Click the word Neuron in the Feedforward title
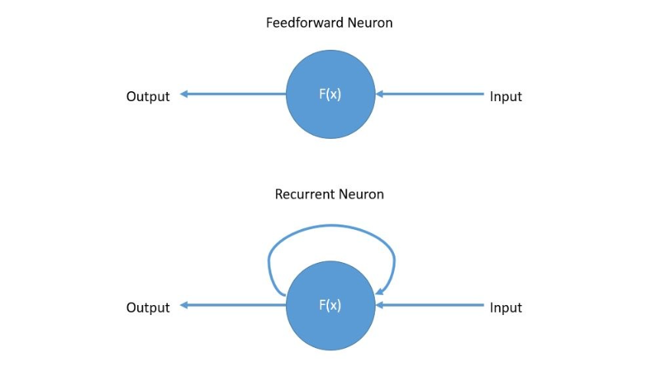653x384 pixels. pyautogui.click(x=370, y=23)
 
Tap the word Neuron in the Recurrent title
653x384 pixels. pyautogui.click(x=363, y=195)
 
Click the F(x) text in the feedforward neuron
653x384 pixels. pyautogui.click(x=330, y=96)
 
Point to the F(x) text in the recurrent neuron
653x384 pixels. pyautogui.click(x=330, y=305)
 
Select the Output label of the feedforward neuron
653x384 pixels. pyautogui.click(x=148, y=97)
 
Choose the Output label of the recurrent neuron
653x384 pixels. pyautogui.click(x=148, y=307)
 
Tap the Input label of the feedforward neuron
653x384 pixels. pyautogui.click(x=506, y=97)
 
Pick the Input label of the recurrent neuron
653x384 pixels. pyautogui.click(x=506, y=307)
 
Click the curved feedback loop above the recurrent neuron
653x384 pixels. pyautogui.click(x=331, y=227)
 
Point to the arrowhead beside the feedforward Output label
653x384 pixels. pyautogui.click(x=185, y=95)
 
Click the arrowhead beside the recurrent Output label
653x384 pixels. pyautogui.click(x=185, y=305)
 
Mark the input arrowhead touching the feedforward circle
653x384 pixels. pyautogui.click(x=380, y=95)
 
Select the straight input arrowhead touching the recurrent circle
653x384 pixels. pyautogui.click(x=380, y=305)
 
